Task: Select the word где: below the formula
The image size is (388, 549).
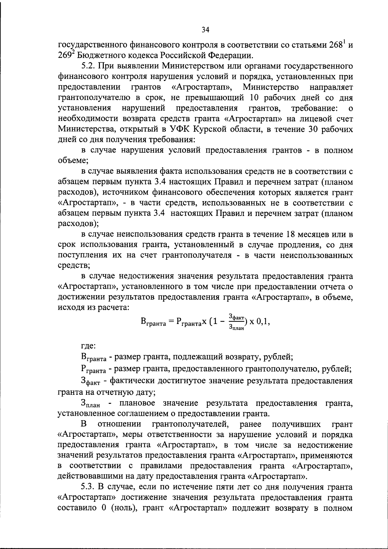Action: (88, 345)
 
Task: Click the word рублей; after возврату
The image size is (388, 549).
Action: (278, 357)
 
